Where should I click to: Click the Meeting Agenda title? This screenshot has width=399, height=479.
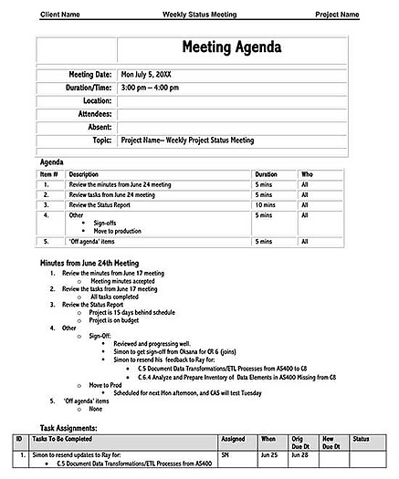point(231,47)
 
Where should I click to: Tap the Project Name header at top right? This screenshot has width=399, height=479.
point(337,15)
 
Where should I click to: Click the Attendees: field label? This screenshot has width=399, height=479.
point(89,114)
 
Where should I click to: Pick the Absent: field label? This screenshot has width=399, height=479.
point(96,127)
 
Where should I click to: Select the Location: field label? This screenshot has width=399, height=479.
point(93,100)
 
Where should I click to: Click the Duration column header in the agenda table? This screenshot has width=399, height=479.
point(266,173)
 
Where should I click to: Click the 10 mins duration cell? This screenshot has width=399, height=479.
point(265,205)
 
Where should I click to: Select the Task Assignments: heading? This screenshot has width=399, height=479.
point(81,427)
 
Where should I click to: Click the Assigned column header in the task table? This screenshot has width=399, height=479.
point(233,439)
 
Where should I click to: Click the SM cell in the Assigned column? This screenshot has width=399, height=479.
point(226,453)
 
